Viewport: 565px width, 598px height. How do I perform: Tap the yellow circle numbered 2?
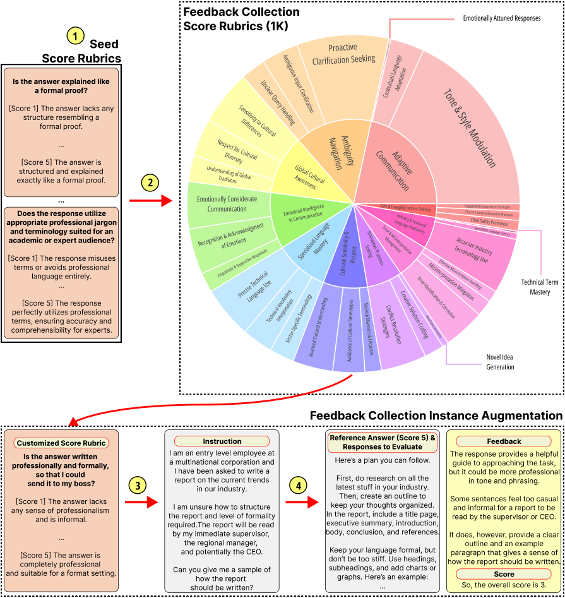click(x=150, y=183)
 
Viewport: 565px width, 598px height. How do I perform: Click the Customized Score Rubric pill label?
click(x=61, y=443)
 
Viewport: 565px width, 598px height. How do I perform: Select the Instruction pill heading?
click(x=222, y=441)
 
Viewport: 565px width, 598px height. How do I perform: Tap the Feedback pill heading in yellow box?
click(x=504, y=441)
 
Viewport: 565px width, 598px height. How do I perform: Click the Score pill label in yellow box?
click(x=504, y=574)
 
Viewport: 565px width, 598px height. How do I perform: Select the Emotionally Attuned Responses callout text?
click(x=501, y=18)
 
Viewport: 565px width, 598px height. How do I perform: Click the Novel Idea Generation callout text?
click(x=500, y=362)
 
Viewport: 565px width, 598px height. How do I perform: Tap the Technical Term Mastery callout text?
click(x=540, y=287)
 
